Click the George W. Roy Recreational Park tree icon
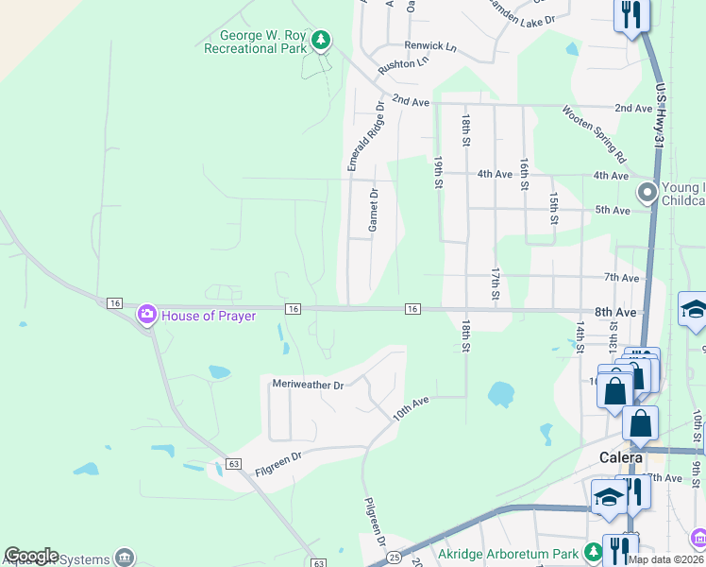(x=322, y=40)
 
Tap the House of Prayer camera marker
(x=146, y=314)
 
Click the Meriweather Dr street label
(x=308, y=385)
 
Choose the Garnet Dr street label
(x=373, y=210)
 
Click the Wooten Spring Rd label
(x=594, y=131)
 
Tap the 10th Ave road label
(x=411, y=406)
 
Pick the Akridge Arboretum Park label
(x=508, y=551)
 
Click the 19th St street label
(x=438, y=173)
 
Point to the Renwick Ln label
(x=429, y=45)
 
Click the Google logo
(x=31, y=556)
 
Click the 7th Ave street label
(x=622, y=278)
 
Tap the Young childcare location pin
(x=647, y=193)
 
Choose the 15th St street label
(x=554, y=208)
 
